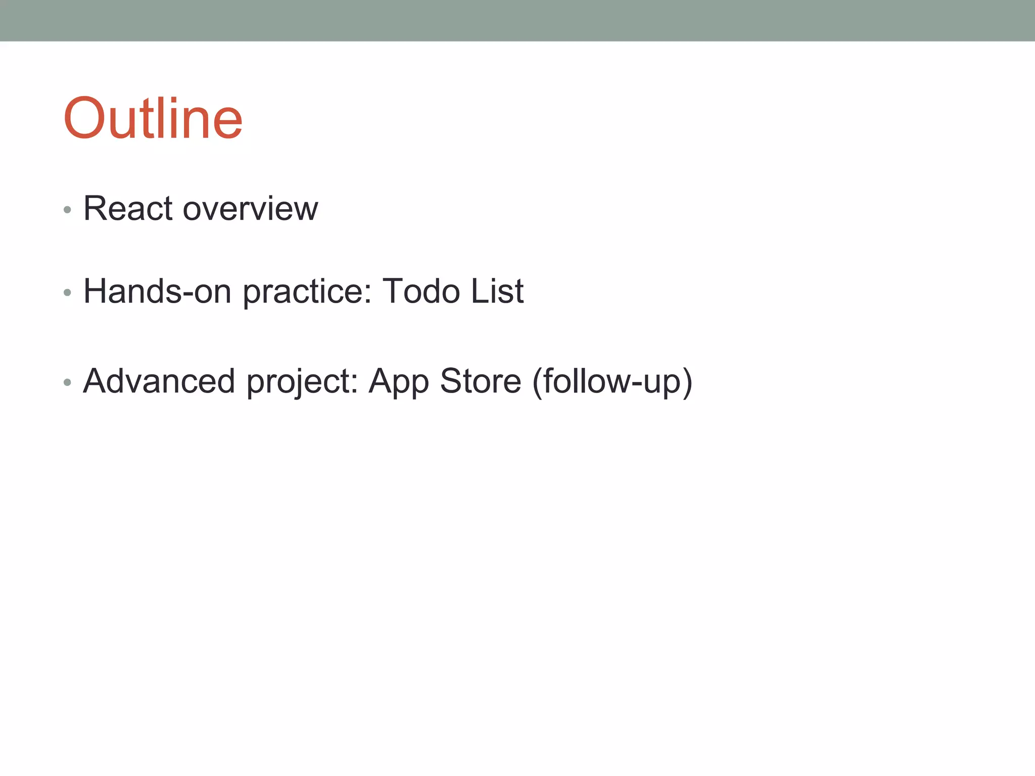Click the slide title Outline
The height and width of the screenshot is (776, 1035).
click(x=153, y=119)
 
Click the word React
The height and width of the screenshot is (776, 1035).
click(x=128, y=208)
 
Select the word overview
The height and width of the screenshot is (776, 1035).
click(x=250, y=209)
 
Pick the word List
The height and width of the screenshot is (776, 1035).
click(x=497, y=292)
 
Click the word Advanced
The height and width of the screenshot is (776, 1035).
click(x=159, y=381)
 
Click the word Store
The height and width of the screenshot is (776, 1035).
click(x=480, y=381)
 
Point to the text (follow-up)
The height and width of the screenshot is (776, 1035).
click(x=612, y=382)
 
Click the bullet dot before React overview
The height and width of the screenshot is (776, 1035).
click(x=67, y=210)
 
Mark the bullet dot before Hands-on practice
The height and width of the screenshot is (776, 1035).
click(x=67, y=293)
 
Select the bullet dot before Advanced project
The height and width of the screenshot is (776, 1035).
click(x=67, y=382)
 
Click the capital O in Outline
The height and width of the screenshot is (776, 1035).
click(x=84, y=119)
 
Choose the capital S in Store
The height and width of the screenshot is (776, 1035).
click(x=452, y=381)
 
